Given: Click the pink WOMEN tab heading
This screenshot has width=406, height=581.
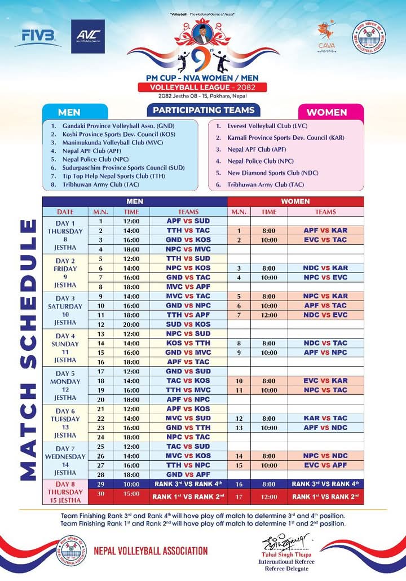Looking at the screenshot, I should pyautogui.click(x=326, y=112).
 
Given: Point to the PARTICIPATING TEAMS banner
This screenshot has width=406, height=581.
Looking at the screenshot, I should pyautogui.click(x=204, y=110).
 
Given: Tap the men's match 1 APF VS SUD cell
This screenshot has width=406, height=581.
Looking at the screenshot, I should pyautogui.click(x=188, y=221).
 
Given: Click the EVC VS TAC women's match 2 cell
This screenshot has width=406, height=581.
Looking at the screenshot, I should pyautogui.click(x=325, y=240).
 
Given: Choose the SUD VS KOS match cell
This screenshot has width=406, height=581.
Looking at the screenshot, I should pyautogui.click(x=188, y=324).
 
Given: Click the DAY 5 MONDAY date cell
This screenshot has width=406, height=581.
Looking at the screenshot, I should pyautogui.click(x=65, y=385).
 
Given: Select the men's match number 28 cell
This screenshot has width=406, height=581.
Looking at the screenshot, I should pyautogui.click(x=100, y=474).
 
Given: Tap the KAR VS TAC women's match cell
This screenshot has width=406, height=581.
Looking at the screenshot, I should pyautogui.click(x=325, y=418).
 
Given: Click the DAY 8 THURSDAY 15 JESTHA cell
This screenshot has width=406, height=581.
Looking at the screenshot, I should pyautogui.click(x=65, y=492).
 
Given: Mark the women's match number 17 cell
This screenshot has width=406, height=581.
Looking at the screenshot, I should pyautogui.click(x=239, y=496).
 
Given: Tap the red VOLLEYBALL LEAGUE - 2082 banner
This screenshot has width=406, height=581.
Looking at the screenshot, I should pyautogui.click(x=202, y=87).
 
